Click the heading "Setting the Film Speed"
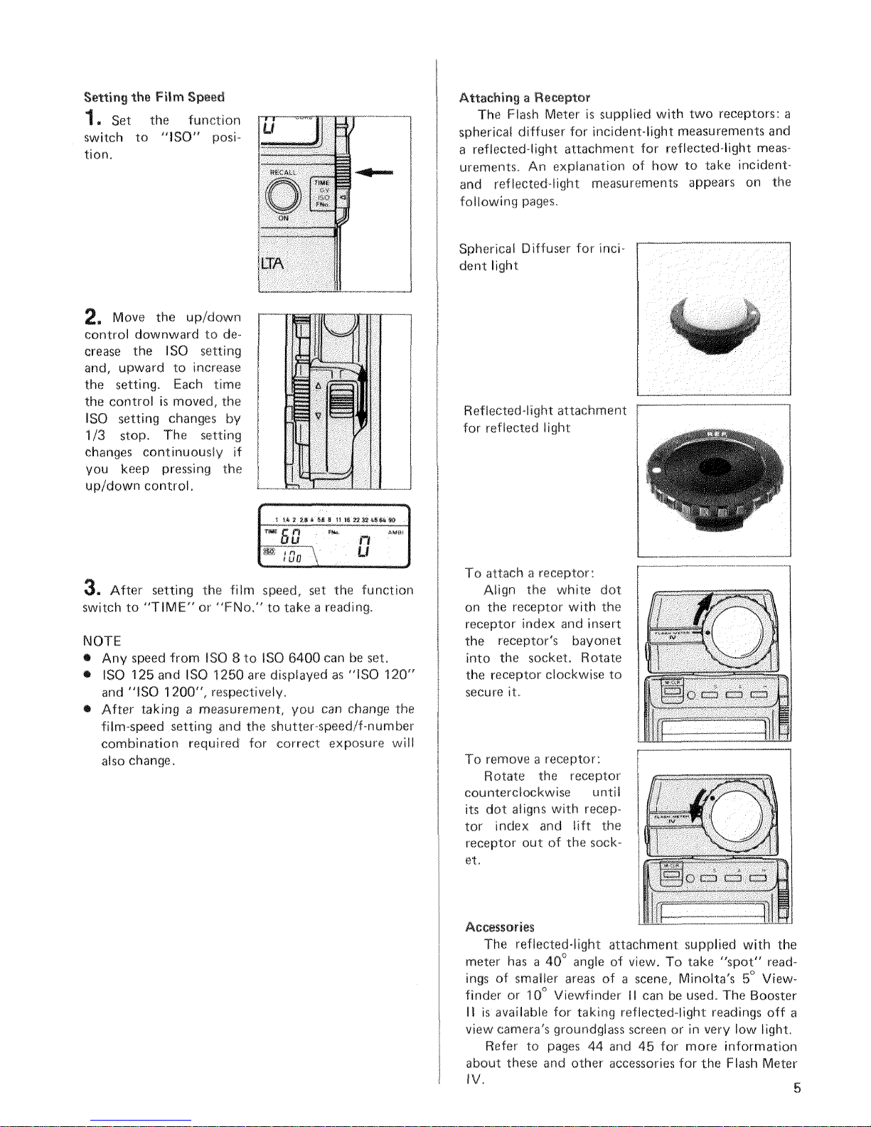point(154,96)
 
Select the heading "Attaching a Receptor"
point(525,97)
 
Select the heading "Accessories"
point(499,927)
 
